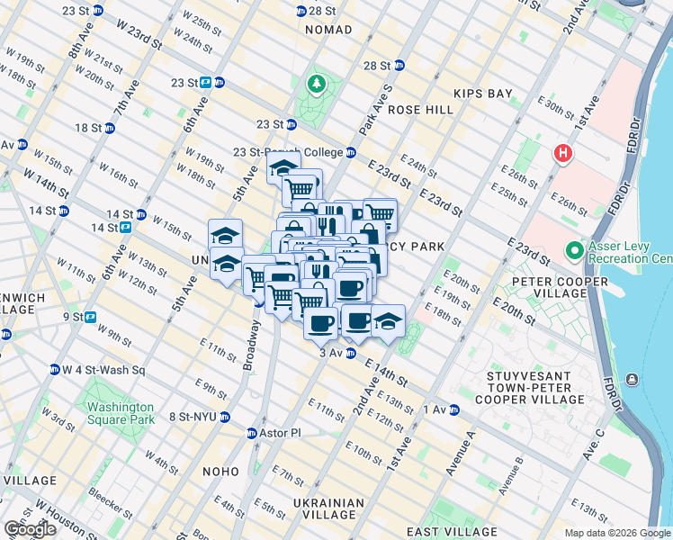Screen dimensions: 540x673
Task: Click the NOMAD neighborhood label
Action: pos(328,30)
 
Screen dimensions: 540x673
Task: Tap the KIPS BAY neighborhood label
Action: pos(481,94)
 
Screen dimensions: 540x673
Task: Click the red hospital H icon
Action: pos(564,153)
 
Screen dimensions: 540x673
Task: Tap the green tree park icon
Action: pos(316,85)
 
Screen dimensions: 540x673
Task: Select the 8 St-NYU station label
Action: pos(193,417)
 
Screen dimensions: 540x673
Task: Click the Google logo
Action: pos(29,529)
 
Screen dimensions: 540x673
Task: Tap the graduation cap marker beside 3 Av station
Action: pos(388,321)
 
